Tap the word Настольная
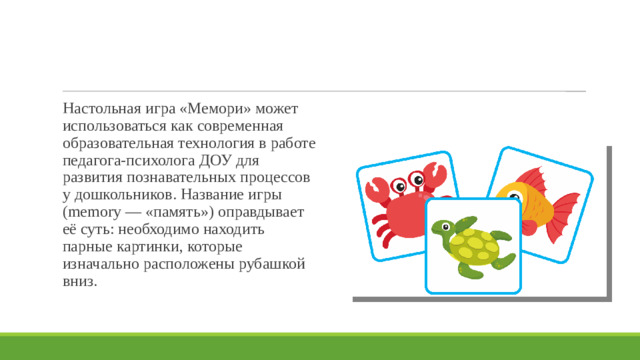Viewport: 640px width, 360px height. (x=98, y=108)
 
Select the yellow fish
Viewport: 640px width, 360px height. (x=535, y=200)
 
